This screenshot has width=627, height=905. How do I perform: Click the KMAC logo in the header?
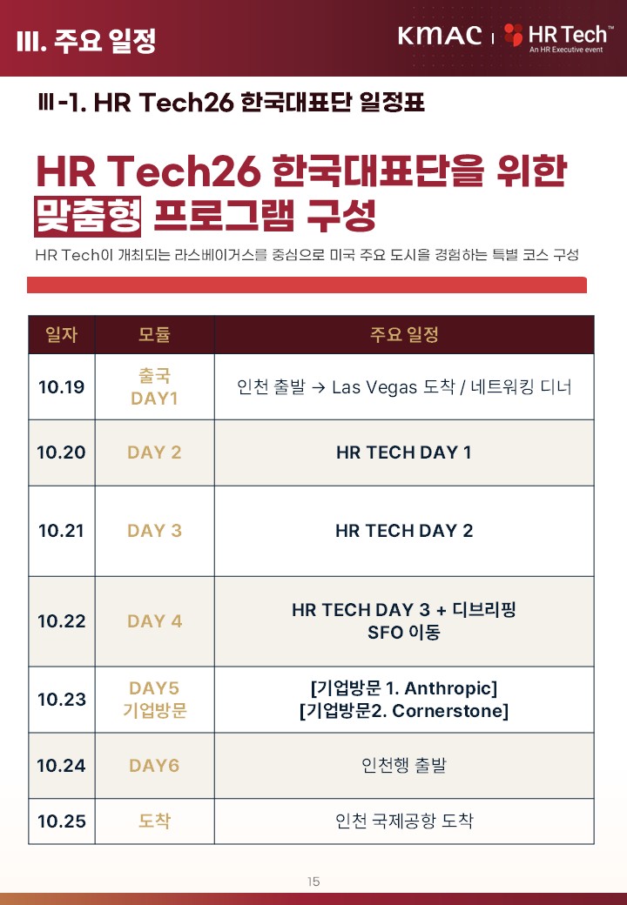pyautogui.click(x=440, y=36)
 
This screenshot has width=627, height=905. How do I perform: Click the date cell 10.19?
pyautogui.click(x=61, y=386)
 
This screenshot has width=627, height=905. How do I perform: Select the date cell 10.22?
pyautogui.click(x=61, y=621)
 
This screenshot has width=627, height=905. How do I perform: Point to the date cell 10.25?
pyautogui.click(x=61, y=821)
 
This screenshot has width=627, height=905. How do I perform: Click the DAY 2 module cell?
pyautogui.click(x=154, y=452)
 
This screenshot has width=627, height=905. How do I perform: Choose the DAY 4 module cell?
pyautogui.click(x=154, y=621)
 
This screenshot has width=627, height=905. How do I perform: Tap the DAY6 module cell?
pyautogui.click(x=154, y=765)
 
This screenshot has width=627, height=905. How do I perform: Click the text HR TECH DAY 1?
pyautogui.click(x=403, y=452)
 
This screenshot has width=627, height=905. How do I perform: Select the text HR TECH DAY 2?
pyautogui.click(x=403, y=531)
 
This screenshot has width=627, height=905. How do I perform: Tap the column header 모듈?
pyautogui.click(x=154, y=334)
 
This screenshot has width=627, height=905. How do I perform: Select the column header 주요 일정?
pyautogui.click(x=403, y=334)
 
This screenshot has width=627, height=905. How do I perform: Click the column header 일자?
pyautogui.click(x=61, y=334)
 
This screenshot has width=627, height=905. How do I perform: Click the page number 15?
pyautogui.click(x=313, y=882)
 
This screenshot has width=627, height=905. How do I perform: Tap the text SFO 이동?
pyautogui.click(x=403, y=633)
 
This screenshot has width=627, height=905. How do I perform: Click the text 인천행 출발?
pyautogui.click(x=403, y=765)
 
